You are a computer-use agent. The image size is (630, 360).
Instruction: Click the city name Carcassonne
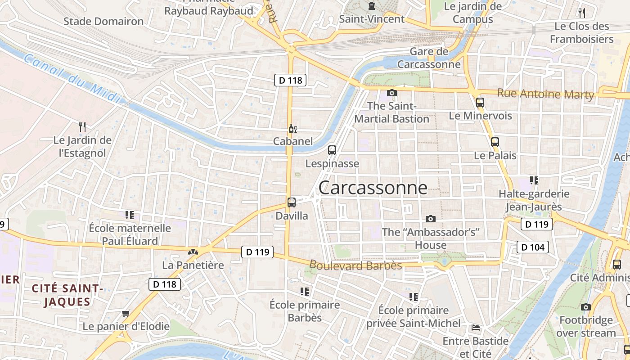point(373,188)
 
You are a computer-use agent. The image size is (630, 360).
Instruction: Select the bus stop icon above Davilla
point(292,202)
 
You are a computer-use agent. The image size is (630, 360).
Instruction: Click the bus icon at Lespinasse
point(332,150)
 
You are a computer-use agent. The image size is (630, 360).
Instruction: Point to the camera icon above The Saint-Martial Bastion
point(392,93)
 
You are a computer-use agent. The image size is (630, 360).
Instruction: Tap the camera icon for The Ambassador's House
point(431,219)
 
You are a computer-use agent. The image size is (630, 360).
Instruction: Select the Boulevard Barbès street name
point(355,265)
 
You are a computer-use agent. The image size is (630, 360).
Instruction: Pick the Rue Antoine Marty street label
point(545,94)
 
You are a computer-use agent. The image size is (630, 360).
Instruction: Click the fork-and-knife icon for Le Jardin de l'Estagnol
point(82,126)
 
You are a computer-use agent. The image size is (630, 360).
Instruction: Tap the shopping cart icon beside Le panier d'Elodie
point(126,313)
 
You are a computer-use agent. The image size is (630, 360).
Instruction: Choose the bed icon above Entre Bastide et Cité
point(476,327)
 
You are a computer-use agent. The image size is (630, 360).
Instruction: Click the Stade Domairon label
point(103,21)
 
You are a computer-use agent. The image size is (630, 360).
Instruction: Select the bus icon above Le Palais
point(495,142)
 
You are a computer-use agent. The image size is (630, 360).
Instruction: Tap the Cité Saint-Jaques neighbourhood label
point(67,295)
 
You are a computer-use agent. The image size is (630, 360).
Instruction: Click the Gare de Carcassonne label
point(429,58)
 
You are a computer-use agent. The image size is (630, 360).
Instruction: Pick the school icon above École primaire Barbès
point(305,292)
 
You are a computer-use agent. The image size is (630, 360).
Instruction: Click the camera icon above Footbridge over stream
point(585,307)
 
